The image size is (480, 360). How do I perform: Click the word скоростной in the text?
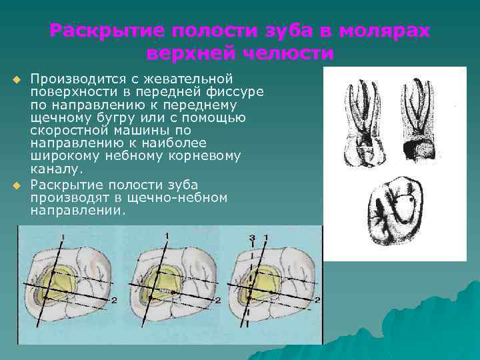pyautogui.click(x=65, y=131)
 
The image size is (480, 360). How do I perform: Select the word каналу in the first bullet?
pyautogui.click(x=53, y=169)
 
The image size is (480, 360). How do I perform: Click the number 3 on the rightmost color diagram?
pyautogui.click(x=251, y=238)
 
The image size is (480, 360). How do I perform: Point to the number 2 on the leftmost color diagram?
pyautogui.click(x=114, y=301)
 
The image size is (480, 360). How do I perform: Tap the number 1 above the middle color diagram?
pyautogui.click(x=167, y=235)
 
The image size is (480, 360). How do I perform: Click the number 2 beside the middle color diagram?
pyautogui.click(x=217, y=301)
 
